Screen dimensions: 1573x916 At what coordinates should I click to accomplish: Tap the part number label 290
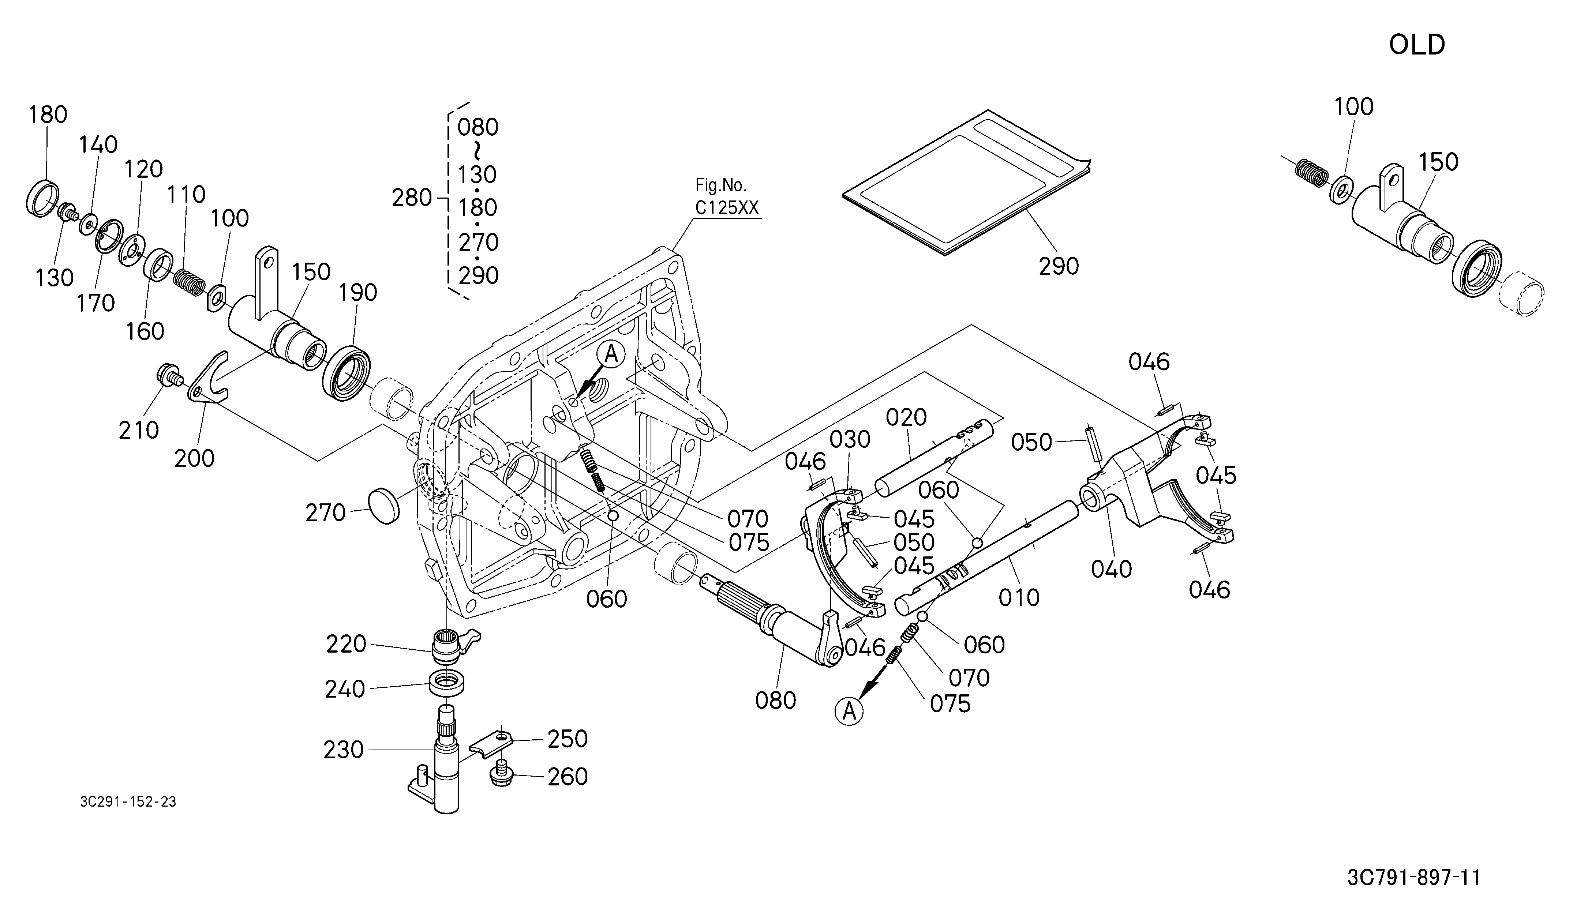(x=1059, y=266)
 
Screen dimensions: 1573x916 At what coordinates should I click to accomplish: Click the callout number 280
(x=412, y=198)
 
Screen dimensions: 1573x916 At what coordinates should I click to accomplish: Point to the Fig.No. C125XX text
(x=727, y=196)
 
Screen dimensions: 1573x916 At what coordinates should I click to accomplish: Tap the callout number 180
(x=48, y=115)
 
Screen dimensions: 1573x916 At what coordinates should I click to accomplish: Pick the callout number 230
(x=343, y=750)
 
